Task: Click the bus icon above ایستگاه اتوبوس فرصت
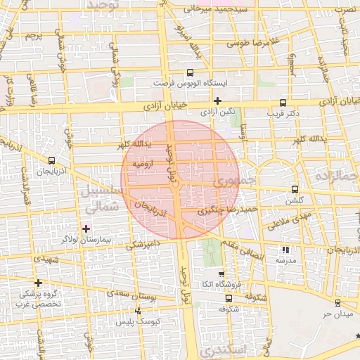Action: [x=190, y=73]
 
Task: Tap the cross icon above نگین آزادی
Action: [x=217, y=101]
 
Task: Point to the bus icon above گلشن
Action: [x=294, y=189]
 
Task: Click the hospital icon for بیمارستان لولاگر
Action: [x=86, y=228]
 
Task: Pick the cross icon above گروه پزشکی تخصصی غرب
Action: [x=38, y=283]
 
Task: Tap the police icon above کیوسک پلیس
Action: [x=137, y=311]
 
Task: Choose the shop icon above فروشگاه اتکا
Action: [x=222, y=274]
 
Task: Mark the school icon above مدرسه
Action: [x=285, y=250]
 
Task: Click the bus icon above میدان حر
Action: [x=337, y=302]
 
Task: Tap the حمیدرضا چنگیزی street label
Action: [x=229, y=209]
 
